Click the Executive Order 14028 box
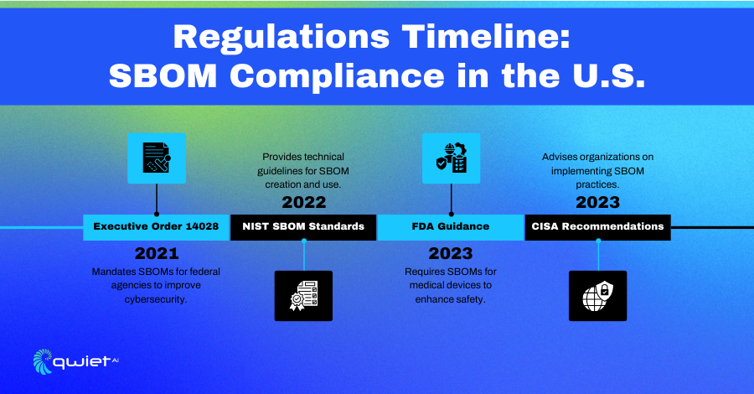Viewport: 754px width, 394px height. (157, 227)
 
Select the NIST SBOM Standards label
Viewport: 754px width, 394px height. (303, 227)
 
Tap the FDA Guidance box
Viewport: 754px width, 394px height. (451, 227)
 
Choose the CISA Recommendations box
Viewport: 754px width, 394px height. (597, 227)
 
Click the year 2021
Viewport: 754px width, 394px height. (157, 253)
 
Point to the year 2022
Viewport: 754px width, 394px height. (304, 202)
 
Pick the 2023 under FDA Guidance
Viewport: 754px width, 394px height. (451, 253)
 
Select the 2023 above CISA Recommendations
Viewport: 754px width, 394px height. (597, 202)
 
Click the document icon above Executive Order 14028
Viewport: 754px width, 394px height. (157, 158)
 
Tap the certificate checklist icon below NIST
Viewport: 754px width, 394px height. (303, 296)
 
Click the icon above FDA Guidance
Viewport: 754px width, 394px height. (451, 158)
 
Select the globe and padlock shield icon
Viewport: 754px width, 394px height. (597, 296)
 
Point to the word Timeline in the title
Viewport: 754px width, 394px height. (486, 37)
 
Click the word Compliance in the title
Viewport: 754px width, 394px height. (337, 77)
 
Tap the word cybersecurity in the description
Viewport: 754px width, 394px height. (156, 299)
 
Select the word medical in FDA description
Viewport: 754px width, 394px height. (426, 285)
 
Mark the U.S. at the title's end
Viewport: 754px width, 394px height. (608, 77)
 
